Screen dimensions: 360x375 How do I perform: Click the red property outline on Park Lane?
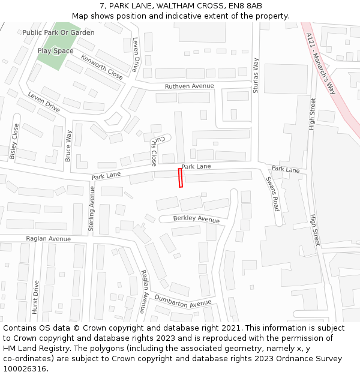180,178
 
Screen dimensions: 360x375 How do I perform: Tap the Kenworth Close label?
102,67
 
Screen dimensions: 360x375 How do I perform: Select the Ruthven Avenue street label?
189,86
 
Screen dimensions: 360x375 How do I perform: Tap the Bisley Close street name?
14,141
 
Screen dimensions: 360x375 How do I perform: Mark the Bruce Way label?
68,146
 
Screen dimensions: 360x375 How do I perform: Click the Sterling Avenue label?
92,208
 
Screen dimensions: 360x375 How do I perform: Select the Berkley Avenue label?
196,218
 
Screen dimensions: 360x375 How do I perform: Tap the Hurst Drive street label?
36,296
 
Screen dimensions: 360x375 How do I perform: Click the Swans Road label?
272,193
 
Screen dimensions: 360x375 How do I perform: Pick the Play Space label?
55,51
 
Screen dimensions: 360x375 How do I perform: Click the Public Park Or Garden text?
58,32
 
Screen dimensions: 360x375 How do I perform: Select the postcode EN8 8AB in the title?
245,6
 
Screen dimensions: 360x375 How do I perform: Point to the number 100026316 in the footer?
24,368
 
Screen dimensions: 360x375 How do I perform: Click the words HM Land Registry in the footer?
31,348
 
